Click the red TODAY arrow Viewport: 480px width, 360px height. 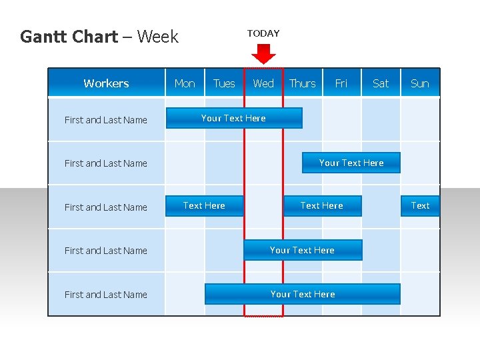pyautogui.click(x=264, y=53)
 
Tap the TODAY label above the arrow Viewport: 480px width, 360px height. pyautogui.click(x=263, y=33)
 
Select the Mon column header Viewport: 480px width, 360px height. pyautogui.click(x=185, y=83)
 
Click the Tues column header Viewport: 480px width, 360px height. pyautogui.click(x=224, y=83)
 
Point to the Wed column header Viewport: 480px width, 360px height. pyautogui.click(x=263, y=83)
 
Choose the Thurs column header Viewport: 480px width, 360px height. pyautogui.click(x=303, y=83)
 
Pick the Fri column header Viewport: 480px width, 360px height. pyautogui.click(x=341, y=83)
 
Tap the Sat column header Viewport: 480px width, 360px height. pyautogui.click(x=381, y=83)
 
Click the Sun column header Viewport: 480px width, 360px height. pyautogui.click(x=420, y=83)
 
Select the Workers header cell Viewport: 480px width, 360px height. pyautogui.click(x=107, y=83)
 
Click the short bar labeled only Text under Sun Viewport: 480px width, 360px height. pyautogui.click(x=421, y=206)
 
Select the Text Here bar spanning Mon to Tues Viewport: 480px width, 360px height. pyautogui.click(x=205, y=206)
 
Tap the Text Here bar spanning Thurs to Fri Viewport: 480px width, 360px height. pyautogui.click(x=322, y=206)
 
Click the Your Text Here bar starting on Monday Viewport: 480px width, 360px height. pyautogui.click(x=233, y=119)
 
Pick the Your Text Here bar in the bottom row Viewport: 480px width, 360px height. pyautogui.click(x=303, y=294)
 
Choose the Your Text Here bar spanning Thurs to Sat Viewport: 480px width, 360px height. pyautogui.click(x=351, y=163)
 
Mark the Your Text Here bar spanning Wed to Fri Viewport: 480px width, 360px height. pyautogui.click(x=303, y=250)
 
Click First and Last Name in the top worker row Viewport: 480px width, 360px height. pyautogui.click(x=106, y=120)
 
